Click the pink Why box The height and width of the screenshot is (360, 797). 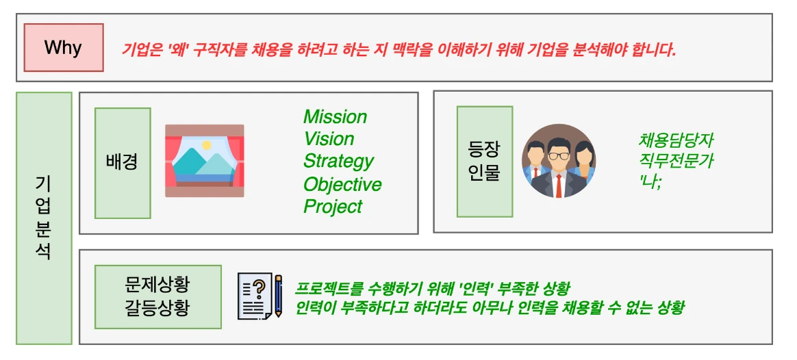point(64,47)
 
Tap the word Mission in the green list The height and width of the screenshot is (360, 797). point(335,117)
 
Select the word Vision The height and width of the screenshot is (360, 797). point(329,139)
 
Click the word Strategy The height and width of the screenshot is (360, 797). point(338,162)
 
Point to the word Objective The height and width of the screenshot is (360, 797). point(342,184)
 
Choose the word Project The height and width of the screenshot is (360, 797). point(333,206)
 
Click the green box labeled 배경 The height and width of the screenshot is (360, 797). point(123,163)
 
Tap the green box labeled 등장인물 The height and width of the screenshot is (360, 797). point(484,162)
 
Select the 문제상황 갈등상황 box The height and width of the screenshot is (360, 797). point(157,296)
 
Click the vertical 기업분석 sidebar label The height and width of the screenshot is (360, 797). point(44,218)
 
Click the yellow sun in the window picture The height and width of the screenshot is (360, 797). point(206,145)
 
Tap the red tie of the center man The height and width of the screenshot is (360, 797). point(559,185)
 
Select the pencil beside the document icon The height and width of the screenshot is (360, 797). point(278,296)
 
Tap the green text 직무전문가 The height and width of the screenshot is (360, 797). point(676,162)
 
